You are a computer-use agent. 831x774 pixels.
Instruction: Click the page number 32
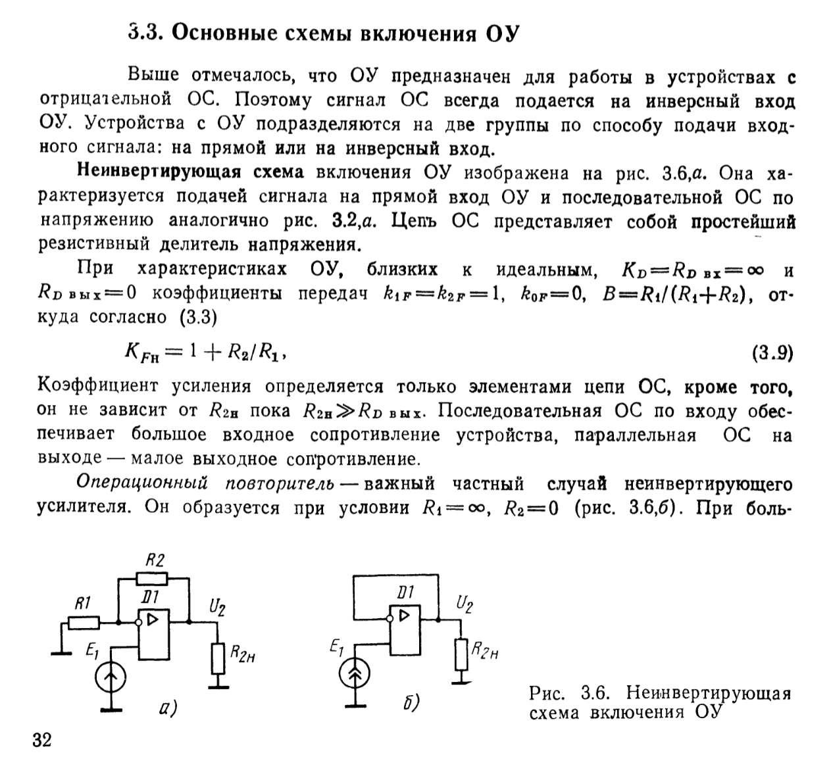point(41,740)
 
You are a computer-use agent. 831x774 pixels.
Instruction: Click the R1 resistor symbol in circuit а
point(84,622)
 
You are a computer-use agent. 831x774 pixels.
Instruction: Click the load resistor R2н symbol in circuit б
point(462,653)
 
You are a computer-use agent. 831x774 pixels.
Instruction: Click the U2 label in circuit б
point(465,604)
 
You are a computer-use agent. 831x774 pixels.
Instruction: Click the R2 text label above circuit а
point(155,560)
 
